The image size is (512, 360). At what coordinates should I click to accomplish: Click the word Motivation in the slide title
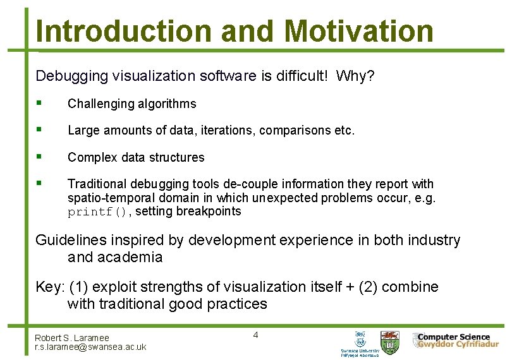point(358,30)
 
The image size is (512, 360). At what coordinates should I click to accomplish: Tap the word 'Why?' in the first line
point(355,76)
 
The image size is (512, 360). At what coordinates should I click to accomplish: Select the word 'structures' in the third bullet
point(176,157)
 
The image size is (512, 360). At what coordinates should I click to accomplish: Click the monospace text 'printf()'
point(98,212)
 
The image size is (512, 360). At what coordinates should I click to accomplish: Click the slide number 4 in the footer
point(255,335)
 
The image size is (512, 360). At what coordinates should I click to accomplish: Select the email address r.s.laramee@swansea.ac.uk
point(90,347)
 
